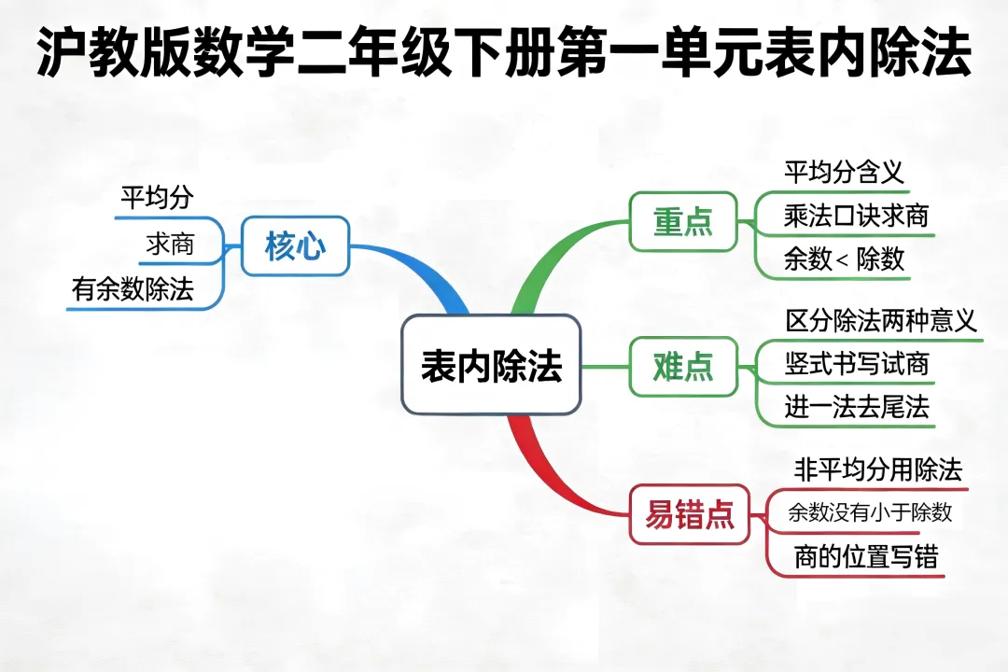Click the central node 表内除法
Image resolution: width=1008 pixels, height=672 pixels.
(491, 365)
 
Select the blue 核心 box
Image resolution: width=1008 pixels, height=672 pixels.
(295, 246)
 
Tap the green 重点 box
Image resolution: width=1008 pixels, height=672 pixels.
(682, 222)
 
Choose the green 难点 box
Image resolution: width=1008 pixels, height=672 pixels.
(682, 365)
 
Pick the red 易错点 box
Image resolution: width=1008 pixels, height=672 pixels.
(690, 514)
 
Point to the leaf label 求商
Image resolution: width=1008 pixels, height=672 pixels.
(170, 245)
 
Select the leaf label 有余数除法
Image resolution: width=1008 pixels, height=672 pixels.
(133, 289)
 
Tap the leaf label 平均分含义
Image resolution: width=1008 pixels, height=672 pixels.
(844, 172)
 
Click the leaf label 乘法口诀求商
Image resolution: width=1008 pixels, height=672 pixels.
(856, 216)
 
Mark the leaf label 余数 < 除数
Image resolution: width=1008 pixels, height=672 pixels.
(844, 259)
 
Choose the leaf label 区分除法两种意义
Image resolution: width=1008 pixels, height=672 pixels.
(881, 320)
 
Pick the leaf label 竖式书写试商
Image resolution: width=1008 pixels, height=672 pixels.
(857, 363)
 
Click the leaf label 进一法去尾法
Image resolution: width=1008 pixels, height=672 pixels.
(857, 407)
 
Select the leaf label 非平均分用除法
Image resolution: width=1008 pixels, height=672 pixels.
(877, 469)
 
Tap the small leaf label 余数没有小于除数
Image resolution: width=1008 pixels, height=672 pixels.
(870, 512)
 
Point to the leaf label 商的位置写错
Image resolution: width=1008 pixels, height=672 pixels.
(865, 556)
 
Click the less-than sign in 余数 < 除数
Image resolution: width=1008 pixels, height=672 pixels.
(843, 260)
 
